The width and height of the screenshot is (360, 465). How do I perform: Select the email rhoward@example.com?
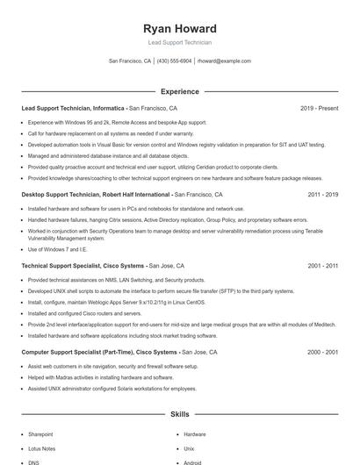[x=224, y=61]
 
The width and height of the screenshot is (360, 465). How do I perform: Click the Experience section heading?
[x=179, y=91]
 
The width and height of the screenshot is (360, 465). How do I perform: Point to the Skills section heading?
[x=179, y=413]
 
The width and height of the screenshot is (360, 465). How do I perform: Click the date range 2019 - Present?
[x=319, y=108]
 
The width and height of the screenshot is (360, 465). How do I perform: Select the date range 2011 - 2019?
[x=322, y=194]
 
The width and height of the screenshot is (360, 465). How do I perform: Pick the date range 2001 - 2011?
[x=322, y=265]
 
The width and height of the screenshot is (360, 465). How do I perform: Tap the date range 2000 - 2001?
[x=322, y=351]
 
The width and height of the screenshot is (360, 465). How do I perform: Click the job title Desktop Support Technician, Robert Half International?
[x=96, y=194]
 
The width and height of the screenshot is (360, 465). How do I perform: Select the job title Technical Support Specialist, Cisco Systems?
[x=83, y=265]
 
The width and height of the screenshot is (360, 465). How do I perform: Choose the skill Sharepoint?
[x=40, y=434]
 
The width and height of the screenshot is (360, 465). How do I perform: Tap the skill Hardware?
[x=195, y=434]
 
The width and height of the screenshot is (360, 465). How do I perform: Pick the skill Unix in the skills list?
[x=189, y=448]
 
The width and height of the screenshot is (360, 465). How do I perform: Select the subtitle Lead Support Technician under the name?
[x=179, y=42]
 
